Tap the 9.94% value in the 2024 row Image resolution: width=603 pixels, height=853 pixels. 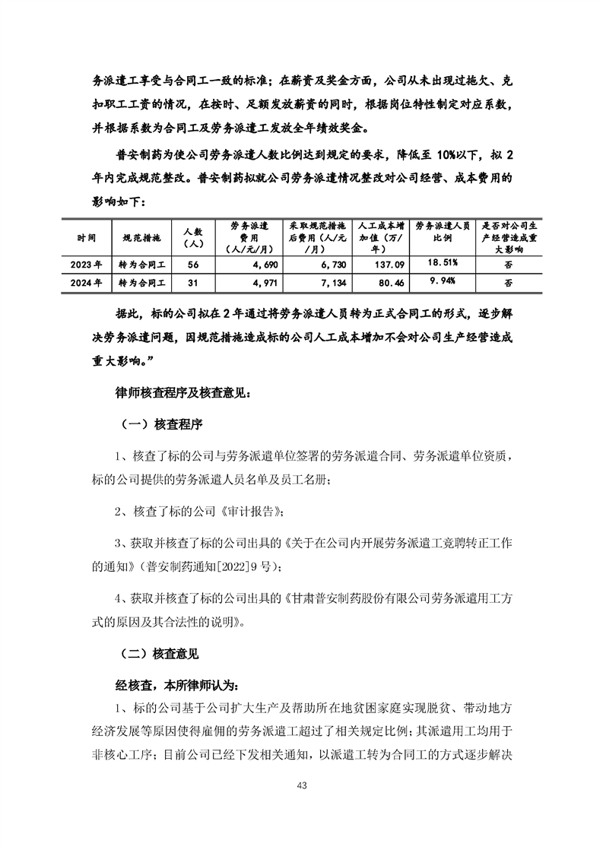[443, 281]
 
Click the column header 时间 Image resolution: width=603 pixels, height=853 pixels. [87, 237]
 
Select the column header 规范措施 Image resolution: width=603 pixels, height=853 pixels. [142, 237]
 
